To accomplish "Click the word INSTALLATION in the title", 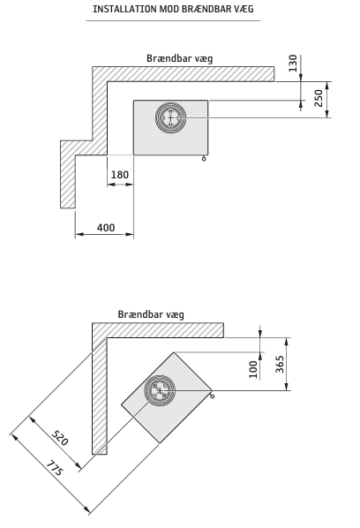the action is (x=124, y=9).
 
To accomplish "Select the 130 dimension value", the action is (x=293, y=63).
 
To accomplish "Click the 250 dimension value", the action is (x=319, y=98).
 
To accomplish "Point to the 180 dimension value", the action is (x=120, y=175).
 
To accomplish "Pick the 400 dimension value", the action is (x=106, y=228).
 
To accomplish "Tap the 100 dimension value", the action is (x=253, y=369).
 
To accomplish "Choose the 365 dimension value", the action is (x=280, y=364).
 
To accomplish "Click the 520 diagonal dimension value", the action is (x=60, y=437).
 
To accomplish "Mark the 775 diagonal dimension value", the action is (x=54, y=468).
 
